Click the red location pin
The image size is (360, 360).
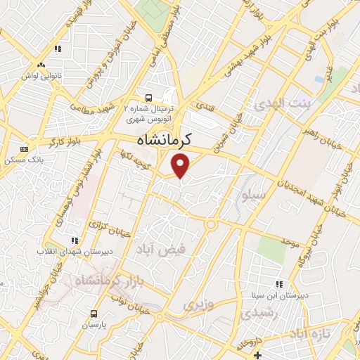(181, 167)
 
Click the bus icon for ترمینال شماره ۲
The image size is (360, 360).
(148, 98)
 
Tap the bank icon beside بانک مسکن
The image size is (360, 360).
(25, 149)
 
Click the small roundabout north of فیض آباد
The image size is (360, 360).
(210, 224)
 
